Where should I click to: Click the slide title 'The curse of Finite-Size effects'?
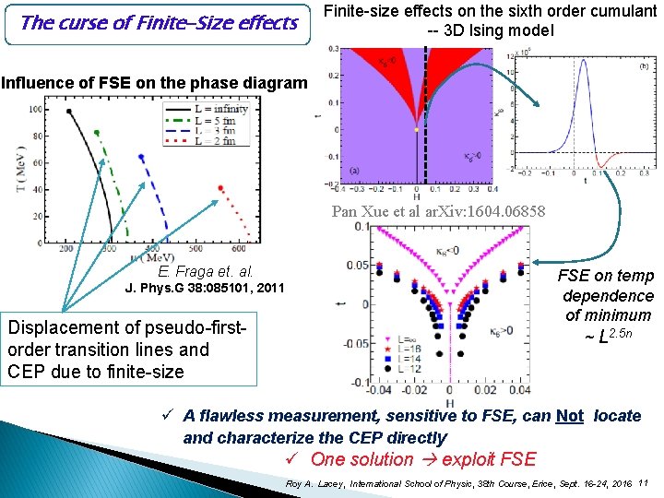tap(159, 23)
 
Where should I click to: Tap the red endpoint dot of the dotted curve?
tap(221, 188)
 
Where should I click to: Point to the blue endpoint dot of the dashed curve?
tap(141, 157)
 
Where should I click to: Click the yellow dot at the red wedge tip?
tap(417, 130)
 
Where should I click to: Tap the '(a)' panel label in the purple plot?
tap(354, 171)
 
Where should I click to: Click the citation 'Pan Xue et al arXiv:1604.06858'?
tap(437, 211)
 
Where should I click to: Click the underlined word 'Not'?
tap(570, 416)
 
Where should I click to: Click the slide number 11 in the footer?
tap(643, 482)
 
